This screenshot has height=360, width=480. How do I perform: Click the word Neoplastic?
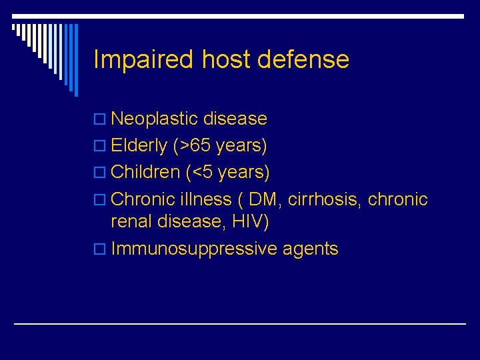[155, 119]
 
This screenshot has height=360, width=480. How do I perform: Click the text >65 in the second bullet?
[193, 145]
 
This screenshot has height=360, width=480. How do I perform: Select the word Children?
[146, 172]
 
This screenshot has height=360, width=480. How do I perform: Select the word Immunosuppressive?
[194, 249]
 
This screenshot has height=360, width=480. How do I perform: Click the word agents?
[311, 249]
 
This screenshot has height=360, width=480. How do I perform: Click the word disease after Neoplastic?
[235, 119]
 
